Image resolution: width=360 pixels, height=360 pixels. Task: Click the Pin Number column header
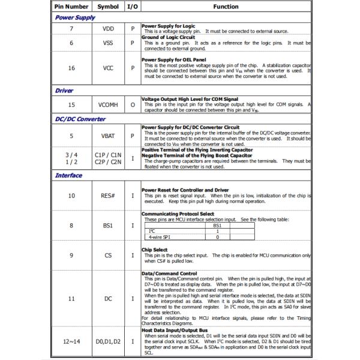tap(71, 7)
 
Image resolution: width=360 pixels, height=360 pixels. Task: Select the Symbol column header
tap(108, 7)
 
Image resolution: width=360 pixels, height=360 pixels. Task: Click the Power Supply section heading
tap(76, 17)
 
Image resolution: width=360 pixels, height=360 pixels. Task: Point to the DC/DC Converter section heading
tap(80, 119)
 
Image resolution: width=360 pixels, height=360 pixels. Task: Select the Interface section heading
tap(69, 176)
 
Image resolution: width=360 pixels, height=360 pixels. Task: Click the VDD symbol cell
tap(108, 29)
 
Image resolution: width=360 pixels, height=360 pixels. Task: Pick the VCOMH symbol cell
tap(108, 104)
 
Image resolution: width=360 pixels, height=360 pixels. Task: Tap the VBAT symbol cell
tap(108, 136)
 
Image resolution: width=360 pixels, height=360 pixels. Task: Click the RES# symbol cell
tap(108, 196)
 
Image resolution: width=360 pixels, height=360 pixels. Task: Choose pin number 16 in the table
tap(71, 68)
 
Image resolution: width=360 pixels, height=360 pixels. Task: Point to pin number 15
tap(71, 104)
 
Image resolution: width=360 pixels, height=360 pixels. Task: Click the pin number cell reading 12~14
tap(71, 341)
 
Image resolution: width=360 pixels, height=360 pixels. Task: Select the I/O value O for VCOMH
tap(133, 104)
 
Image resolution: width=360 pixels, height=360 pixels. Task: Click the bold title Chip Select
tap(154, 249)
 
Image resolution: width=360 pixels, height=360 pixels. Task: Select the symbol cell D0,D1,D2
tap(108, 341)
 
